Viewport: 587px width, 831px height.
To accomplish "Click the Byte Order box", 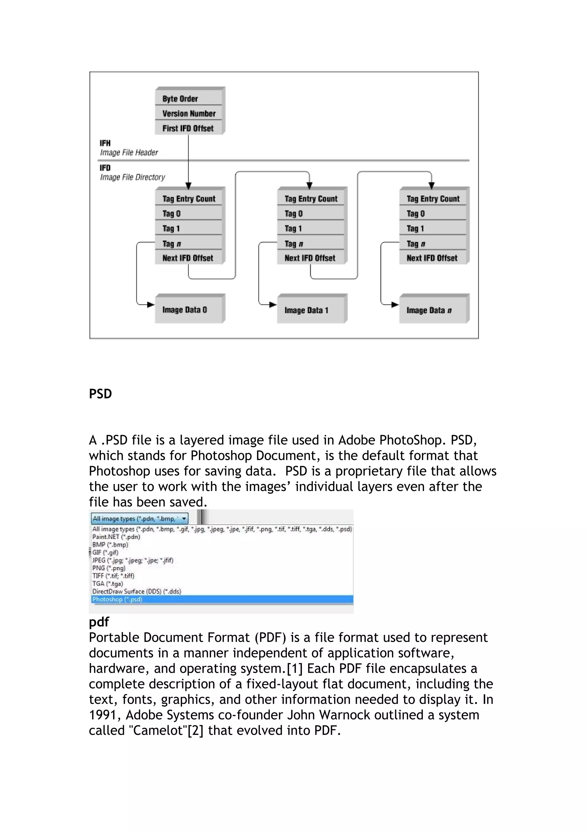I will (188, 98).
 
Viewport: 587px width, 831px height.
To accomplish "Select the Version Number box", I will (188, 113).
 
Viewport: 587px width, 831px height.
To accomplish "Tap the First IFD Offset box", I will (188, 128).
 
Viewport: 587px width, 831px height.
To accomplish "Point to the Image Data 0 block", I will (188, 309).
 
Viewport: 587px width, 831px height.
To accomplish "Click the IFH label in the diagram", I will (105, 143).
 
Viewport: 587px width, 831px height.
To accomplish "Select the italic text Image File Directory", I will (132, 177).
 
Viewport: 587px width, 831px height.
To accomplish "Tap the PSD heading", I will (100, 394).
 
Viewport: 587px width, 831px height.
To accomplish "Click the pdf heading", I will (99, 621).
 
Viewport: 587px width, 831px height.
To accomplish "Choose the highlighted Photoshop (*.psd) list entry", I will (117, 599).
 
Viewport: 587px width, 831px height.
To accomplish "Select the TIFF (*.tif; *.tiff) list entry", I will (113, 576).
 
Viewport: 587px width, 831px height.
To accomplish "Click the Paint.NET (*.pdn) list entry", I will (116, 537).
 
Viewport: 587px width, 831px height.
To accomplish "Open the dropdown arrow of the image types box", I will (184, 519).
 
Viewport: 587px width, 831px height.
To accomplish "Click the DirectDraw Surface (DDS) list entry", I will (137, 591).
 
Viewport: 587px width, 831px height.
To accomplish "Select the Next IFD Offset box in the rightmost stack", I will (432, 258).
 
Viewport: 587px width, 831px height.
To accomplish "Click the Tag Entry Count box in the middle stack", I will (311, 199).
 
